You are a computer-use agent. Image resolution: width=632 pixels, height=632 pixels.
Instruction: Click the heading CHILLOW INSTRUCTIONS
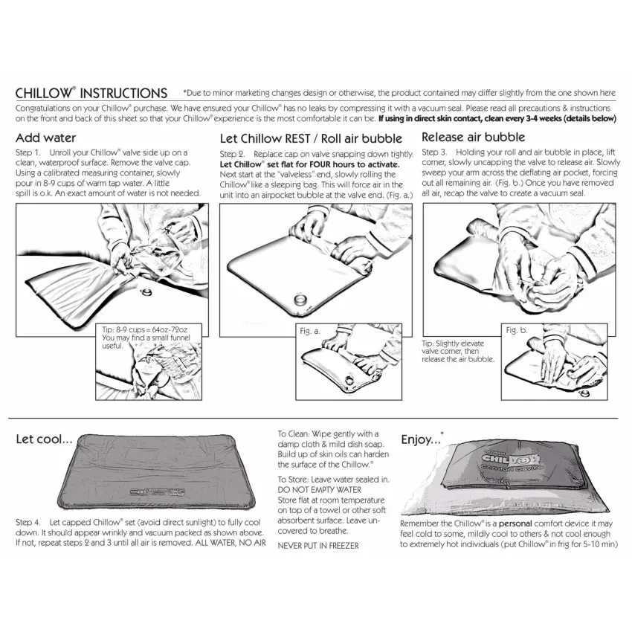(x=91, y=93)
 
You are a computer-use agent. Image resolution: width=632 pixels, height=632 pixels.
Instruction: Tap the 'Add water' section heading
(x=45, y=138)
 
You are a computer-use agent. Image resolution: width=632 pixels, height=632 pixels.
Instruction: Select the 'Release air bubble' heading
(x=473, y=137)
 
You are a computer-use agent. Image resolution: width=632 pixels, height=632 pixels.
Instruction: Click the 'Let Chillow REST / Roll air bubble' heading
(x=311, y=138)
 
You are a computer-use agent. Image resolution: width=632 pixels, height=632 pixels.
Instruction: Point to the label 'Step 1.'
(x=28, y=152)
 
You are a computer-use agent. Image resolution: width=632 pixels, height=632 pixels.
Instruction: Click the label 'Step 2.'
(x=232, y=155)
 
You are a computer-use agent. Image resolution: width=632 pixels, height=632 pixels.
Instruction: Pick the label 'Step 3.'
(x=434, y=152)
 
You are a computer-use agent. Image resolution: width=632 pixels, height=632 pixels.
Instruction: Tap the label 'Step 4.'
(x=28, y=523)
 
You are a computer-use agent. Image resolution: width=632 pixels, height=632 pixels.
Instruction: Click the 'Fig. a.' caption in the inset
(x=309, y=332)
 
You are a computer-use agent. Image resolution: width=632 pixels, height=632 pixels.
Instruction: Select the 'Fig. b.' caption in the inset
(x=517, y=331)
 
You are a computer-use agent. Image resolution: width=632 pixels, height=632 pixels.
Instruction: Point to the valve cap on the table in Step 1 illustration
(x=145, y=291)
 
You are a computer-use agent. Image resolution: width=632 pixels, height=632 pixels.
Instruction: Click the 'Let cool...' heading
(x=44, y=439)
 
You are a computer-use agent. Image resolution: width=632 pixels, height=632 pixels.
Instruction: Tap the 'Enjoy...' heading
(x=422, y=439)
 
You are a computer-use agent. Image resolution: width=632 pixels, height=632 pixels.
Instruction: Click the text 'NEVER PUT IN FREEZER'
(x=318, y=546)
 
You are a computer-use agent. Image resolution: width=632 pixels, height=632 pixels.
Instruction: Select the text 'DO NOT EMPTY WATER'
(x=319, y=490)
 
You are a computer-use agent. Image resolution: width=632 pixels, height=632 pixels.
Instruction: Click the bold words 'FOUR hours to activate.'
(x=354, y=164)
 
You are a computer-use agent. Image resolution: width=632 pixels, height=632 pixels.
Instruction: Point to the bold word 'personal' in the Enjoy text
(x=515, y=523)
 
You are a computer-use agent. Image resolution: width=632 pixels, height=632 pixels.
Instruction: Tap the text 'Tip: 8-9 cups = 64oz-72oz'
(x=145, y=329)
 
